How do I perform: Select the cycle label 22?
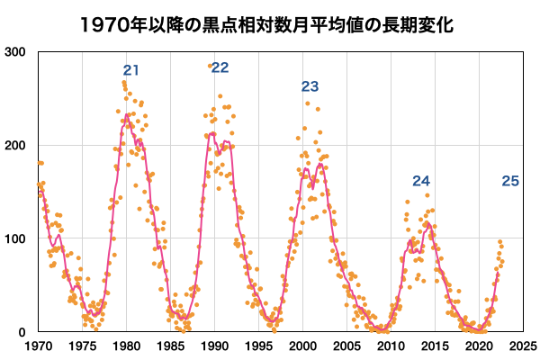pos(220,68)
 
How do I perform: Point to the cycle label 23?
pos(310,87)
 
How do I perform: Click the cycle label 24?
pos(421,181)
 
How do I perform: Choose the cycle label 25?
pos(509,181)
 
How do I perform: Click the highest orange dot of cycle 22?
pos(211,66)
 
